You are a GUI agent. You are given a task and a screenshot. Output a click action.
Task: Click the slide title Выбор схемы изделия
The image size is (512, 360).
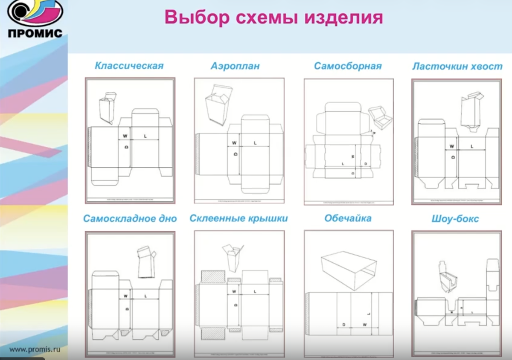pyautogui.click(x=273, y=17)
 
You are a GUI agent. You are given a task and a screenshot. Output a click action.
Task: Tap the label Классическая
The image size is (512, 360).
pyautogui.click(x=129, y=66)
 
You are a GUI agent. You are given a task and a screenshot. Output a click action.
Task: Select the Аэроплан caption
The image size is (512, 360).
pyautogui.click(x=235, y=66)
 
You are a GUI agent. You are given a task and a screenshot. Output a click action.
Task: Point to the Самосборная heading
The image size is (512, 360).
pyautogui.click(x=348, y=66)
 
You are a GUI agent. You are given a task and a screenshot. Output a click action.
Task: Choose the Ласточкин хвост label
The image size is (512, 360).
pyautogui.click(x=457, y=67)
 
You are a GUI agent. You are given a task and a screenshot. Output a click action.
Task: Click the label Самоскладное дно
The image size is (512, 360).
pyautogui.click(x=130, y=219)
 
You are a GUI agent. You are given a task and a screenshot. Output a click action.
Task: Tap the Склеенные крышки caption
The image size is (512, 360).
pyautogui.click(x=239, y=218)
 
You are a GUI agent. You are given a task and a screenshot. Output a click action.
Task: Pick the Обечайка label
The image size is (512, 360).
pyautogui.click(x=348, y=218)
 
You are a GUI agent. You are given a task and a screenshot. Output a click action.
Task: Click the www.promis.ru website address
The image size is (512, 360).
pyautogui.click(x=35, y=349)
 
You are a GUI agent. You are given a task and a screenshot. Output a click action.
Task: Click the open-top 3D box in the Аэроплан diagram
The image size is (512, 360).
pyautogui.click(x=218, y=105)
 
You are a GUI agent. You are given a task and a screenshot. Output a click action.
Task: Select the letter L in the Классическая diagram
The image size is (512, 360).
pyautogui.click(x=145, y=136)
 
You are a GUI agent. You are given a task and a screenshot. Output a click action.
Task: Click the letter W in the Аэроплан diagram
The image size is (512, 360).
pyautogui.click(x=234, y=143)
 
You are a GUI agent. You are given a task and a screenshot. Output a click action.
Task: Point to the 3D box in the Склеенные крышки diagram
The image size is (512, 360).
pyautogui.click(x=233, y=258)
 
